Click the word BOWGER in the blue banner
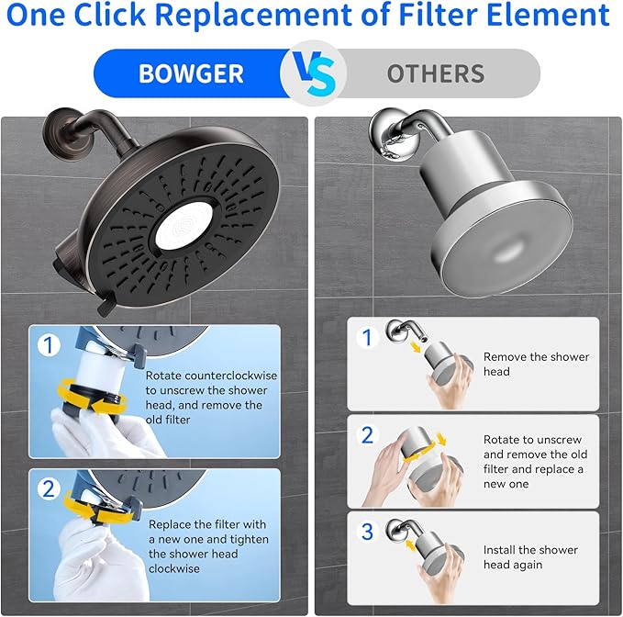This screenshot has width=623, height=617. tap(190, 73)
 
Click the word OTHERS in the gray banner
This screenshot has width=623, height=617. tap(436, 73)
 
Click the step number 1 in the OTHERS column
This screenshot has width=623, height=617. tap(368, 337)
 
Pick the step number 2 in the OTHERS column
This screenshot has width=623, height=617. tap(368, 434)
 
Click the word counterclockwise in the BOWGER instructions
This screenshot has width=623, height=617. tap(211, 376)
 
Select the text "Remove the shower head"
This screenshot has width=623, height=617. tap(536, 364)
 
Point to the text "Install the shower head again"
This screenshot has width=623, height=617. tap(530, 557)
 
